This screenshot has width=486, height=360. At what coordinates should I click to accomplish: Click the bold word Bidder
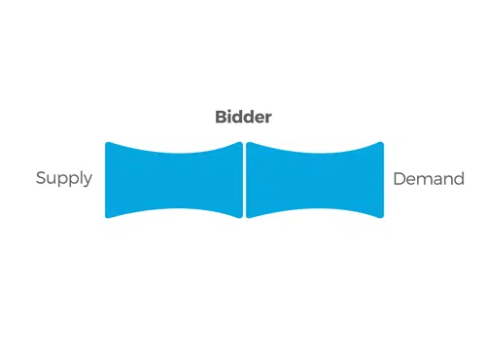(243, 117)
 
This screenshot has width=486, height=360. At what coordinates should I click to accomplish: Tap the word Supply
(64, 178)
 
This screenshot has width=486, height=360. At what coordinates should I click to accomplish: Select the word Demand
(429, 179)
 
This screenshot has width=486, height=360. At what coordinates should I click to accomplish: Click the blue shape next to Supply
(174, 180)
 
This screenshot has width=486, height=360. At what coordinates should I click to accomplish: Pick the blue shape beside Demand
(315, 180)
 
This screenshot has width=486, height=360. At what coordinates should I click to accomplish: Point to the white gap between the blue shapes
(244, 180)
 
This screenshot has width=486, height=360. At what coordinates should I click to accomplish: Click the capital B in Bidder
(222, 117)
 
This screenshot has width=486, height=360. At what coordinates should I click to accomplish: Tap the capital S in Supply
(41, 178)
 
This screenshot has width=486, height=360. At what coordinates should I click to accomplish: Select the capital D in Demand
(399, 179)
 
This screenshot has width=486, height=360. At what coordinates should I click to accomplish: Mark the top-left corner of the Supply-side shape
(106, 143)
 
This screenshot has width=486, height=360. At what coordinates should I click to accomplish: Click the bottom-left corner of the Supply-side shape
(106, 217)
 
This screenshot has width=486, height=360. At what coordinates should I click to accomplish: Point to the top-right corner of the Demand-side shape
(383, 143)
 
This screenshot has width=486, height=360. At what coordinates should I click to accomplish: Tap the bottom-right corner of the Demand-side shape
(383, 217)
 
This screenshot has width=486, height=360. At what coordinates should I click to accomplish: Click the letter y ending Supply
(87, 181)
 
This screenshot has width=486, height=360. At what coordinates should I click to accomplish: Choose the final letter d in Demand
(459, 179)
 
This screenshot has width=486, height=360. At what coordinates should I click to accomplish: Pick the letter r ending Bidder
(268, 119)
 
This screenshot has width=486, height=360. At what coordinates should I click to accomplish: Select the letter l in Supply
(80, 177)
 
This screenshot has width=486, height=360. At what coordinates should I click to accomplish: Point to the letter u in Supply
(53, 180)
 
